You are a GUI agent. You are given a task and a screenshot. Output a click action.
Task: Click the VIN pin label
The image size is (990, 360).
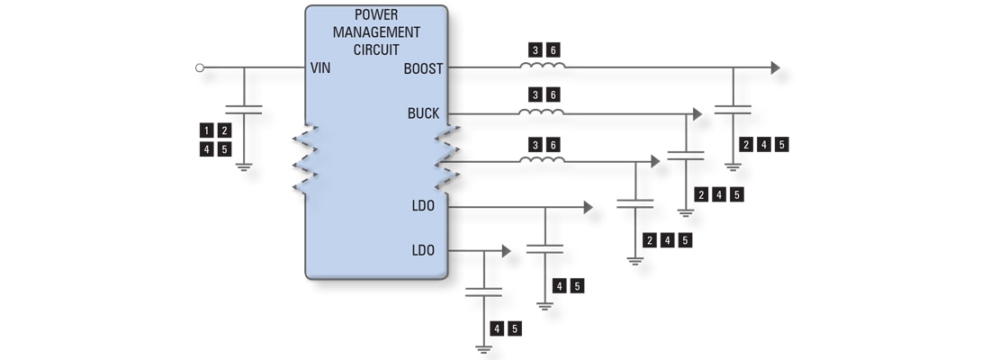click(x=320, y=68)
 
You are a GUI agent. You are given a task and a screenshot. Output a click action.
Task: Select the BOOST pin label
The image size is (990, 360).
click(x=423, y=68)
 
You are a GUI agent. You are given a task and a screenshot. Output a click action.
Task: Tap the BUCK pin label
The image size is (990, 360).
click(x=423, y=113)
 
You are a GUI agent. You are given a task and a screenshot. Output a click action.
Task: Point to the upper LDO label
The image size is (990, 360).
click(x=423, y=206)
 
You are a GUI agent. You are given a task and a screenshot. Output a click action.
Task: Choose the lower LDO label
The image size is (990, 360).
click(x=423, y=249)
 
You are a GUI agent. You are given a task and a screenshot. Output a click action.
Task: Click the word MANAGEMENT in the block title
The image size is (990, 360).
click(x=376, y=32)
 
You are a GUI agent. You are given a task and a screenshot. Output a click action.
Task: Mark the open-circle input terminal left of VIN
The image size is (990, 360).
click(x=200, y=67)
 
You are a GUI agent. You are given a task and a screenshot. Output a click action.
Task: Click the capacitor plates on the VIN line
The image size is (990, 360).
click(x=244, y=110)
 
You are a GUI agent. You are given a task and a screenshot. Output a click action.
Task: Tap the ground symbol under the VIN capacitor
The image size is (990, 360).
click(x=244, y=166)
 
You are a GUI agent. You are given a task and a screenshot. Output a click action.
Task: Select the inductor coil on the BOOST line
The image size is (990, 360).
click(x=543, y=66)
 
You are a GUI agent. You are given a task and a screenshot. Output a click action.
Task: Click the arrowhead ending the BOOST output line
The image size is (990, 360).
click(x=775, y=67)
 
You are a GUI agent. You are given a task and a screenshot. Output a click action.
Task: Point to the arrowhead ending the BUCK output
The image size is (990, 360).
click(x=697, y=113)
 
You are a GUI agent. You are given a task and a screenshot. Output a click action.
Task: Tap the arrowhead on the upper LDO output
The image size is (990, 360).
click(x=588, y=207)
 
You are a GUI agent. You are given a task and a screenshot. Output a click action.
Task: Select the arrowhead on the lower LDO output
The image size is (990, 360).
click(x=506, y=250)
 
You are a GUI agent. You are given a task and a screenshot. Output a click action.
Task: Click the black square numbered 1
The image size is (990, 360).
click(x=206, y=130)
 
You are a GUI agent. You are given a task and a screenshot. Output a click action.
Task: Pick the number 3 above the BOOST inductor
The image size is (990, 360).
click(x=535, y=50)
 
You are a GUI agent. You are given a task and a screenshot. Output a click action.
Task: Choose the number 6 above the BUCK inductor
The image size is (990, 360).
click(x=553, y=95)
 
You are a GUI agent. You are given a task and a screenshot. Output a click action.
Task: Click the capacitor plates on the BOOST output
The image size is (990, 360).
click(x=733, y=110)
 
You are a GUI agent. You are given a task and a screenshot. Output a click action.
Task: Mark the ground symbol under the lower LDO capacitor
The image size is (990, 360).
click(x=484, y=347)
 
